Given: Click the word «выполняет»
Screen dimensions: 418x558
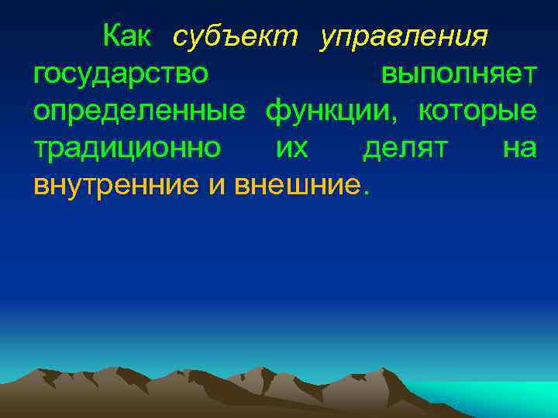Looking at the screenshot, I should [458, 74].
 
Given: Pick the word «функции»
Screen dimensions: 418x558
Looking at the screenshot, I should [332, 111].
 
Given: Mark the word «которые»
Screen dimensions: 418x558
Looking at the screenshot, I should [477, 111].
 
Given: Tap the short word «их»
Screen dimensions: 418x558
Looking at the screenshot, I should [292, 148].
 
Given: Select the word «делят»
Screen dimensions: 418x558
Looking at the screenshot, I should [404, 148].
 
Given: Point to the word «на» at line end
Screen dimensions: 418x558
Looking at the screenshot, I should [519, 148].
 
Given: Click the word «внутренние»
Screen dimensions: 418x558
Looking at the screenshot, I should [116, 184].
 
